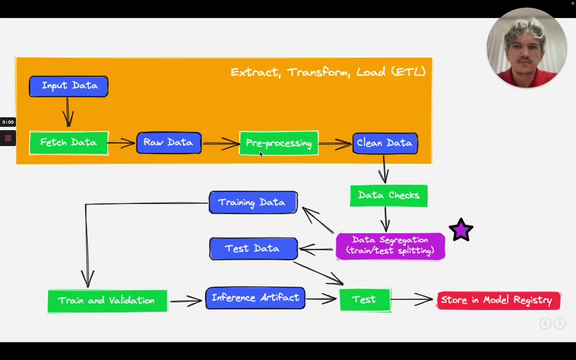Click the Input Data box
pyautogui.click(x=68, y=86)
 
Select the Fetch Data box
pyautogui.click(x=69, y=143)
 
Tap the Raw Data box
pyautogui.click(x=169, y=143)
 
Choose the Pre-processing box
pyautogui.click(x=279, y=143)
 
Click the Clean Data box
pyautogui.click(x=385, y=143)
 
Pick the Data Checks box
pyautogui.click(x=389, y=196)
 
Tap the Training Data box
pyautogui.click(x=253, y=202)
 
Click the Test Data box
pyautogui.click(x=253, y=249)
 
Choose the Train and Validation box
pyautogui.click(x=107, y=301)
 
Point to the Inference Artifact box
pyautogui.click(x=255, y=298)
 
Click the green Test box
pyautogui.click(x=365, y=300)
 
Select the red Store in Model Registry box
pyautogui.click(x=499, y=301)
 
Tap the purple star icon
pyautogui.click(x=461, y=230)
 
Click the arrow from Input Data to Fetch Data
pyautogui.click(x=68, y=112)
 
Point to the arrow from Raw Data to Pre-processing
pyautogui.click(x=220, y=144)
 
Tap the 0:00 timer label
pyautogui.click(x=8, y=122)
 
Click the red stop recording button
pyautogui.click(x=8, y=138)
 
